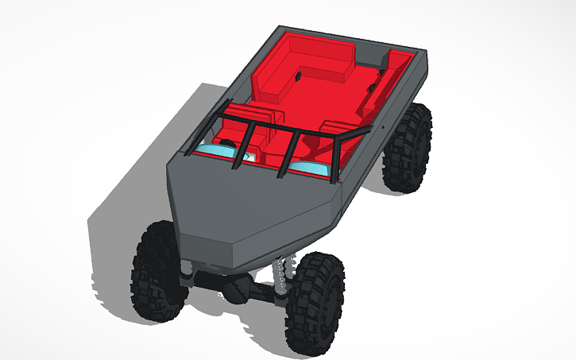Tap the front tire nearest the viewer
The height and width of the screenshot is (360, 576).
[x=316, y=304]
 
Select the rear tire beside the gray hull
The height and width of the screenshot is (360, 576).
[x=408, y=149]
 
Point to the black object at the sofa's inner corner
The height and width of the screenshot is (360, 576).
[x=300, y=77]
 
